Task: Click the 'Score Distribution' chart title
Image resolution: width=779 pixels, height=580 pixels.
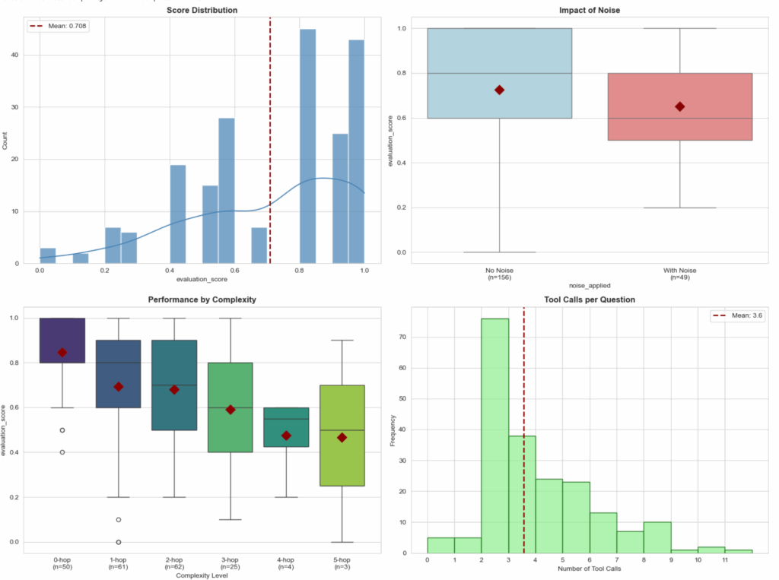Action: [201, 11]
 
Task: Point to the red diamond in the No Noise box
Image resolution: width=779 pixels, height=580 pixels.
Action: [499, 90]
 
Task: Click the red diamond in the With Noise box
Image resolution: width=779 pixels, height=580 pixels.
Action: [679, 106]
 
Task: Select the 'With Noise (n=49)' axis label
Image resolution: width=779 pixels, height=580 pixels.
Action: [679, 274]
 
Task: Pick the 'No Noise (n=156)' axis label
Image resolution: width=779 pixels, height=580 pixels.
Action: [499, 274]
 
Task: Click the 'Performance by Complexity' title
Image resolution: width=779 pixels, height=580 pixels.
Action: [201, 300]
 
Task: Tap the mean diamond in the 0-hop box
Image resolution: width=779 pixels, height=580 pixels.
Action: [62, 353]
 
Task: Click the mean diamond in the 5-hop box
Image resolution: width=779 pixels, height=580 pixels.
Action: [342, 437]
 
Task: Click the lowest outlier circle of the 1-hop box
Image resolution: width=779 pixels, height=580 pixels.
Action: [119, 542]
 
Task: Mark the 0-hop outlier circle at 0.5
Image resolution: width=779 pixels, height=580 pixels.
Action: [62, 430]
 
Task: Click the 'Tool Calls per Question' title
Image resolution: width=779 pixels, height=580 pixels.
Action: [590, 300]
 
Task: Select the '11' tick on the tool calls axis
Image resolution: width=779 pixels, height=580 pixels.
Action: [725, 559]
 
